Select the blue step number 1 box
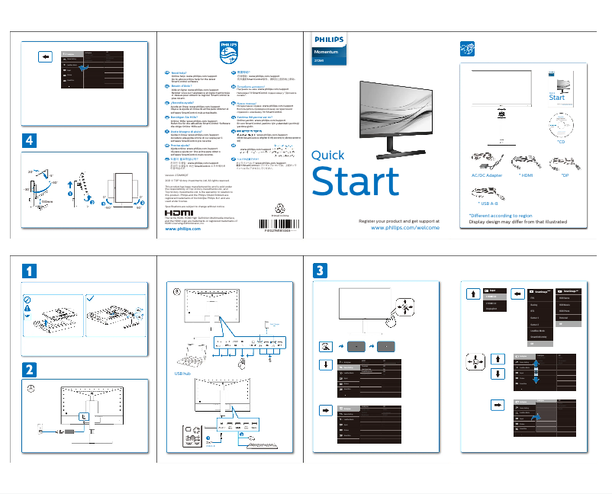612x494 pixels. tap(28, 270)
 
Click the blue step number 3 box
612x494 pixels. tap(321, 270)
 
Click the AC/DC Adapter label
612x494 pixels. tap(482, 175)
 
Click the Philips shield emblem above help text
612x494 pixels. tap(229, 53)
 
